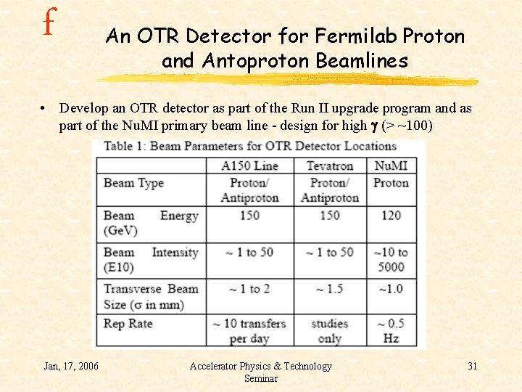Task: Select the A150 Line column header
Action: pyautogui.click(x=250, y=166)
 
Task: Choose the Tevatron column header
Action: pyautogui.click(x=330, y=166)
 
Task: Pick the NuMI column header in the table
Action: pyautogui.click(x=391, y=166)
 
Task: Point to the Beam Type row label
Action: pyautogui.click(x=133, y=183)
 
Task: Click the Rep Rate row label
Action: pyautogui.click(x=128, y=323)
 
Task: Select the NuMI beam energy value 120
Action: pyautogui.click(x=391, y=216)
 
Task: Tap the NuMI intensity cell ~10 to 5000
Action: pyautogui.click(x=391, y=259)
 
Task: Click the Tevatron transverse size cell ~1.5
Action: pyautogui.click(x=330, y=289)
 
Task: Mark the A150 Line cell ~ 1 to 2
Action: pyautogui.click(x=249, y=289)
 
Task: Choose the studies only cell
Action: pyautogui.click(x=330, y=330)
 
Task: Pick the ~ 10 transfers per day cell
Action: pyautogui.click(x=249, y=330)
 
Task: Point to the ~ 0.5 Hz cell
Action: pyautogui.click(x=391, y=330)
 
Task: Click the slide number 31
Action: pyautogui.click(x=472, y=366)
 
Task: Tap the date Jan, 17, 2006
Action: pyautogui.click(x=71, y=366)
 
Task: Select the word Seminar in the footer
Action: pyautogui.click(x=261, y=378)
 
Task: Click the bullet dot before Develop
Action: pyautogui.click(x=45, y=109)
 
